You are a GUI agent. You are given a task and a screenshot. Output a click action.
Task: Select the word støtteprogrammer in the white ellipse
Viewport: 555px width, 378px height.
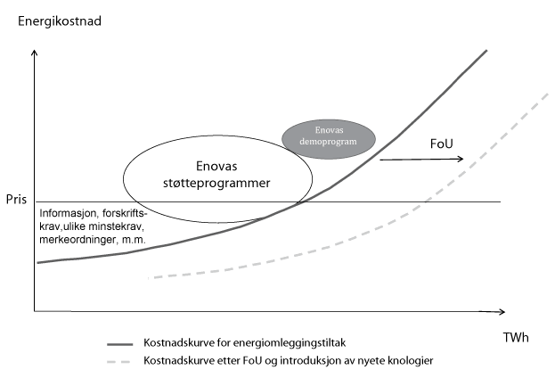pos(219,182)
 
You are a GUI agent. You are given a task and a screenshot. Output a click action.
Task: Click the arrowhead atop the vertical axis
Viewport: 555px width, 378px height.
pos(34,53)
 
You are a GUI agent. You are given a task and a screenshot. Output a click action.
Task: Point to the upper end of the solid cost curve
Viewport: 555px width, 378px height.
pos(486,51)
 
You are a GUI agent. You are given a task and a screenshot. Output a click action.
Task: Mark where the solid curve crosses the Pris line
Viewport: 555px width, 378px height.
pos(298,201)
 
